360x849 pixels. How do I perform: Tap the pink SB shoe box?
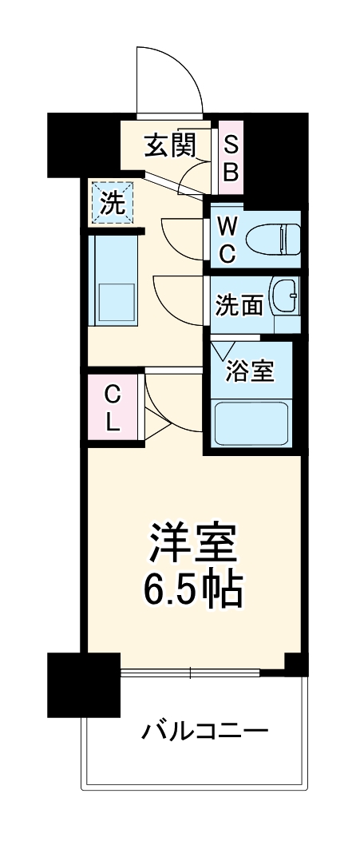pyautogui.click(x=230, y=158)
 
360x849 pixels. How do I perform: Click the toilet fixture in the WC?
pyautogui.click(x=272, y=238)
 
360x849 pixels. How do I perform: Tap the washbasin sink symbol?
pyautogui.click(x=284, y=298)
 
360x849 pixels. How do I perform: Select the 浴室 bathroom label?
pyautogui.click(x=250, y=371)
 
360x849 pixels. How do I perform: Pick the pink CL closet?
pyautogui.click(x=113, y=407)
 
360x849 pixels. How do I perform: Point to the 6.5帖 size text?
pyautogui.click(x=192, y=590)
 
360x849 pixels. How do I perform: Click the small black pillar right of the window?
pyautogui.click(x=296, y=664)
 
